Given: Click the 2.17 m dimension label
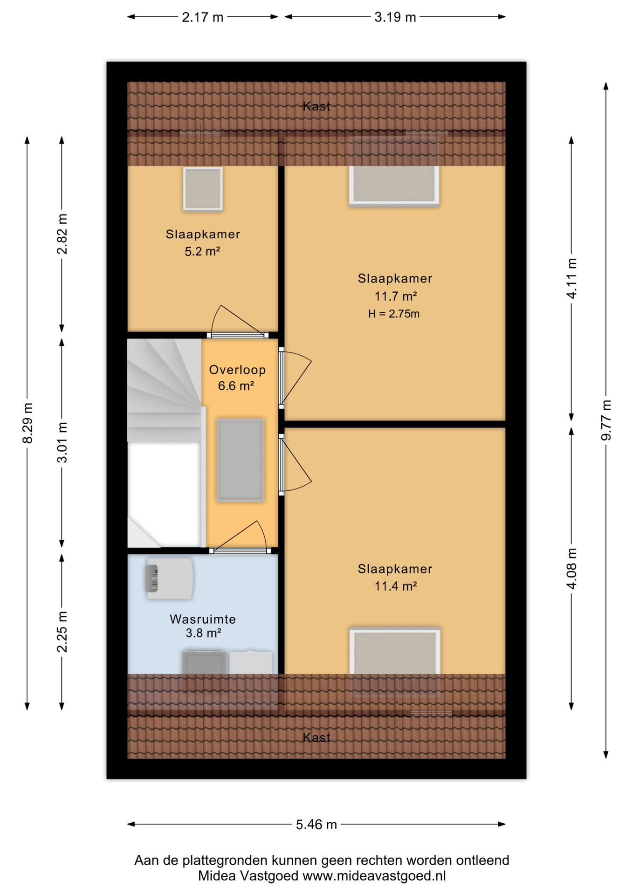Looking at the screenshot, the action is pyautogui.click(x=202, y=17).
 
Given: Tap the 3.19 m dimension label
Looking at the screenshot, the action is pyautogui.click(x=395, y=17).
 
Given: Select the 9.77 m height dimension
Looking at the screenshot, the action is pyautogui.click(x=606, y=420).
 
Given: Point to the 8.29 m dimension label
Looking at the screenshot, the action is pyautogui.click(x=28, y=423).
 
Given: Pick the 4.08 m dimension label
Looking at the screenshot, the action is pyautogui.click(x=571, y=569).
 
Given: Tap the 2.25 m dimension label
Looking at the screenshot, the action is pyautogui.click(x=62, y=632).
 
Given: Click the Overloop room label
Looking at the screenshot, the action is pyautogui.click(x=237, y=370).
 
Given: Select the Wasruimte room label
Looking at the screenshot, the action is pyautogui.click(x=203, y=619).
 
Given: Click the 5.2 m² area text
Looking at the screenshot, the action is pyautogui.click(x=202, y=251).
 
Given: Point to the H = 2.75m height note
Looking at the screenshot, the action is pyautogui.click(x=394, y=314).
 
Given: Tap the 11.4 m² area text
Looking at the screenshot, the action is pyautogui.click(x=396, y=586).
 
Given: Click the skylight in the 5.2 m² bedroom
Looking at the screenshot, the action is pyautogui.click(x=203, y=189).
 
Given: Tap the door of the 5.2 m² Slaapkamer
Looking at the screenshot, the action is pyautogui.click(x=238, y=322).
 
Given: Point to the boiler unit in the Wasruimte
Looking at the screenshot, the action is pyautogui.click(x=169, y=578).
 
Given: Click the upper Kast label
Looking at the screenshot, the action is pyautogui.click(x=316, y=106).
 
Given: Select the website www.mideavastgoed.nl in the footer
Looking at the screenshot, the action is pyautogui.click(x=374, y=876).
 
